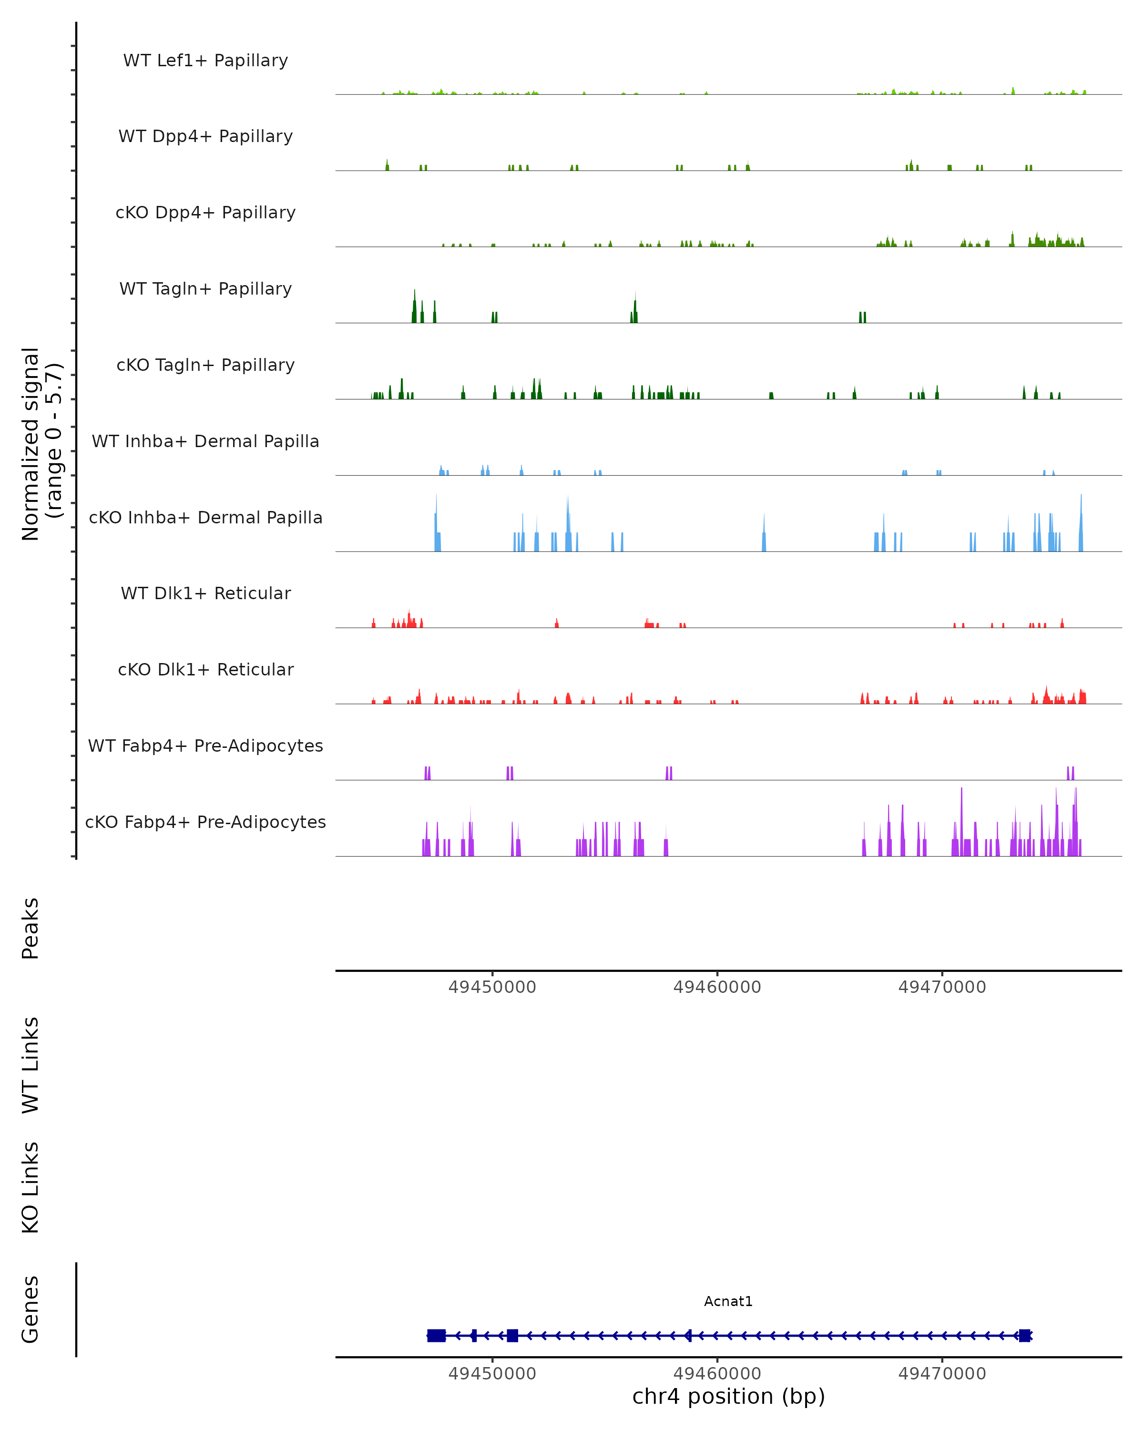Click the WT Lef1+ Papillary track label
[x=205, y=61]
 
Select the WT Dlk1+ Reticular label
[x=205, y=593]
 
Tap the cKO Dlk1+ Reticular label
[x=205, y=669]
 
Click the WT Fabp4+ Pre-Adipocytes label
[x=205, y=746]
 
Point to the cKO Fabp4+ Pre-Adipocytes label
[x=205, y=822]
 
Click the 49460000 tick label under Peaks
[x=717, y=987]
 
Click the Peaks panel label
[x=31, y=928]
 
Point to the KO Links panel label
[x=31, y=1187]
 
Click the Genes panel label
[x=31, y=1309]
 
